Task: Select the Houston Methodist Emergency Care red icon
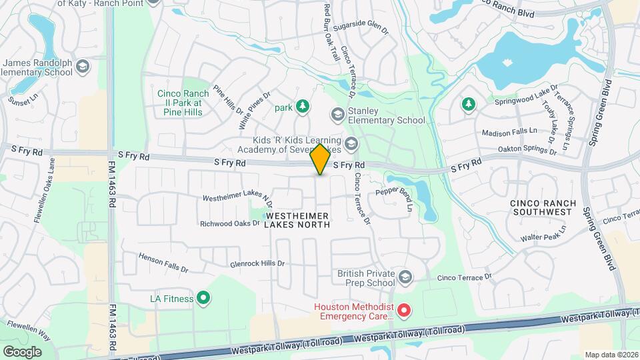[x=403, y=310]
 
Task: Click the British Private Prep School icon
[x=405, y=276]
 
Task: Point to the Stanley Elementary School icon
[x=338, y=115]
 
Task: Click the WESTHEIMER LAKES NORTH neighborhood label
[x=297, y=220]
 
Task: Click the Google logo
[x=22, y=351]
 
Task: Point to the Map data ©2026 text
[x=611, y=355]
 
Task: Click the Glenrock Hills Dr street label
[x=257, y=263]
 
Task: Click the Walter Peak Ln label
[x=544, y=235]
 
